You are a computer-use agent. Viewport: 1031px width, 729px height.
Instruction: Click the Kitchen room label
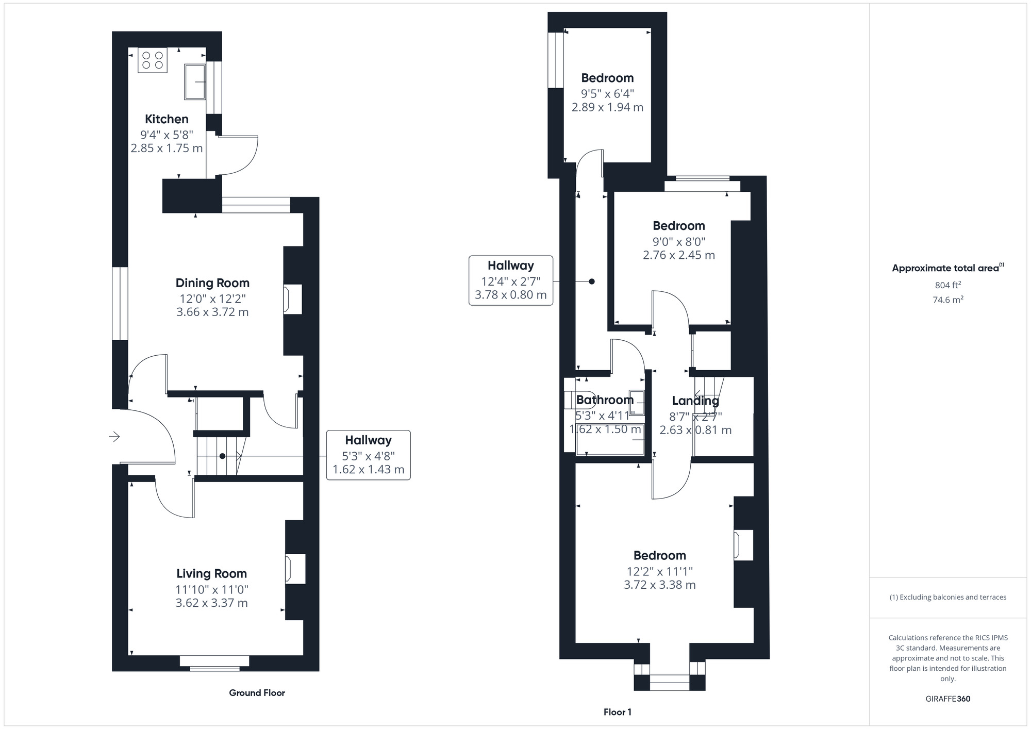(x=167, y=119)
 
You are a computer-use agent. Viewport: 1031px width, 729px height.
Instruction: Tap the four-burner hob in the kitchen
(x=153, y=60)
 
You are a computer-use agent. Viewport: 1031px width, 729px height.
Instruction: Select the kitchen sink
(x=195, y=81)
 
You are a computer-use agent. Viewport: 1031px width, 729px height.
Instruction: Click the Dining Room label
(x=212, y=283)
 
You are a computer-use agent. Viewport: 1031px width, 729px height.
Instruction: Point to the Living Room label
(x=211, y=573)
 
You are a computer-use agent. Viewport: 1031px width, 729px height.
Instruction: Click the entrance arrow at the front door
(x=114, y=437)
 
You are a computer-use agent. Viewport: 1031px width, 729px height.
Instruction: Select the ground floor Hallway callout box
(x=369, y=455)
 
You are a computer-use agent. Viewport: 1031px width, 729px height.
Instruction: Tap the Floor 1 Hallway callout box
(x=511, y=280)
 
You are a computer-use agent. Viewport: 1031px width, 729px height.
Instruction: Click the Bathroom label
(x=605, y=400)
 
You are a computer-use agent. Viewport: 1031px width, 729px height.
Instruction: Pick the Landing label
(x=695, y=401)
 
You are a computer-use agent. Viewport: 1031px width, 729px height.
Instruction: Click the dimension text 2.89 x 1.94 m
(x=607, y=107)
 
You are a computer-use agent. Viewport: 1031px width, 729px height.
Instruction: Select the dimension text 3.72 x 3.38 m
(x=660, y=585)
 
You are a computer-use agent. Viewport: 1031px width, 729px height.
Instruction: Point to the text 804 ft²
(x=947, y=285)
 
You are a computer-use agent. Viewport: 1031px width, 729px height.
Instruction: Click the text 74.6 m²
(x=947, y=300)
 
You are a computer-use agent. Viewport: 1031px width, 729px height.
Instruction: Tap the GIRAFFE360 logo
(x=948, y=699)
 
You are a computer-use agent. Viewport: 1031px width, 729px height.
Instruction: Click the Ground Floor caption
(x=257, y=693)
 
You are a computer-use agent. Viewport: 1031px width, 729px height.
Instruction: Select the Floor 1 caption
(x=618, y=712)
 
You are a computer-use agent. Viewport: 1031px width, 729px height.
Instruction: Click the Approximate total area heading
(x=948, y=268)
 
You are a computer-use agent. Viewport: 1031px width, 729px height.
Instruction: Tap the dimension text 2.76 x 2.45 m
(x=679, y=255)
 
